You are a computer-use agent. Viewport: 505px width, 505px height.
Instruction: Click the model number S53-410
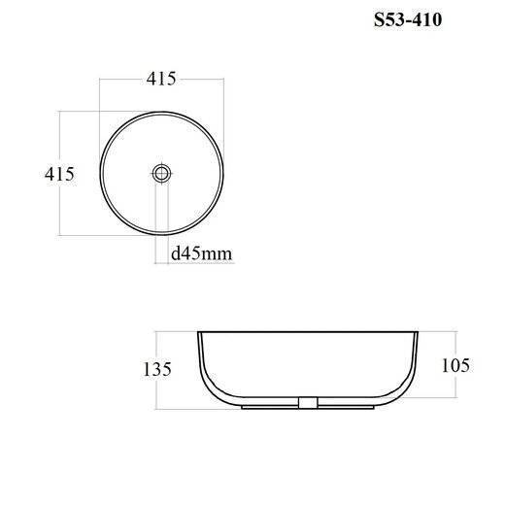pyautogui.click(x=408, y=20)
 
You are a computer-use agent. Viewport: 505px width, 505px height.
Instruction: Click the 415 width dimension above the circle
pyautogui.click(x=161, y=79)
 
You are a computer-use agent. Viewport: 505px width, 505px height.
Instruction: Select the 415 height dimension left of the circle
pyautogui.click(x=59, y=174)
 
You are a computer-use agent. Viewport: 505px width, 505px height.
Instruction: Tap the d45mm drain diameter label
pyautogui.click(x=201, y=253)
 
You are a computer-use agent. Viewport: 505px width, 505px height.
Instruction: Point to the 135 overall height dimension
pyautogui.click(x=157, y=369)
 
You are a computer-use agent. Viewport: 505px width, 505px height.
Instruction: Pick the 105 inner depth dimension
pyautogui.click(x=455, y=365)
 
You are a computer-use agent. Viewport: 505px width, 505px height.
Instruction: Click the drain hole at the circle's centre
pyautogui.click(x=161, y=173)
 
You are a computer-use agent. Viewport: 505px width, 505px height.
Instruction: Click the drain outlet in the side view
pyautogui.click(x=308, y=403)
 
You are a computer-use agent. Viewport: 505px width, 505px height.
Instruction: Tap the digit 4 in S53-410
pyautogui.click(x=419, y=20)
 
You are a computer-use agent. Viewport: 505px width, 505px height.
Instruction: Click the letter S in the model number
pyautogui.click(x=379, y=20)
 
